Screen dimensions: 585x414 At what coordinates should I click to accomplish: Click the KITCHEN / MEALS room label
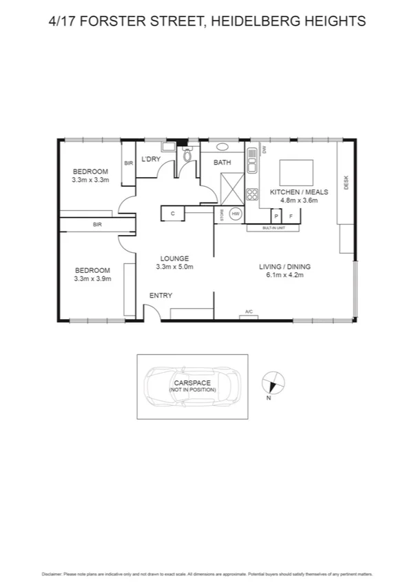pyautogui.click(x=298, y=192)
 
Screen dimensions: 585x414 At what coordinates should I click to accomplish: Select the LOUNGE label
pyautogui.click(x=174, y=258)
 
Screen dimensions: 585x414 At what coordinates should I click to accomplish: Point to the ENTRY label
pyautogui.click(x=161, y=296)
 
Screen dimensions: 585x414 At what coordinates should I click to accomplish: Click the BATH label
pyautogui.click(x=222, y=163)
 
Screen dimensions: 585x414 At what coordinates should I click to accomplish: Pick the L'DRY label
pyautogui.click(x=151, y=159)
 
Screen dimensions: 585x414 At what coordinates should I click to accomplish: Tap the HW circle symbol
pyautogui.click(x=235, y=214)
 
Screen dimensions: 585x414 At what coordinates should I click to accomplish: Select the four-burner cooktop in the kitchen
pyautogui.click(x=252, y=194)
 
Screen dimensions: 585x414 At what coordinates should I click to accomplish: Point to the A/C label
pyautogui.click(x=249, y=312)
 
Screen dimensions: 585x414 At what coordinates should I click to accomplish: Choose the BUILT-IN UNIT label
pyautogui.click(x=274, y=227)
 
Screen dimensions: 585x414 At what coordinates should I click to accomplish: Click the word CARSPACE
pyautogui.click(x=192, y=383)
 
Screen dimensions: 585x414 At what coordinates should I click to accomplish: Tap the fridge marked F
pyautogui.click(x=291, y=216)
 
